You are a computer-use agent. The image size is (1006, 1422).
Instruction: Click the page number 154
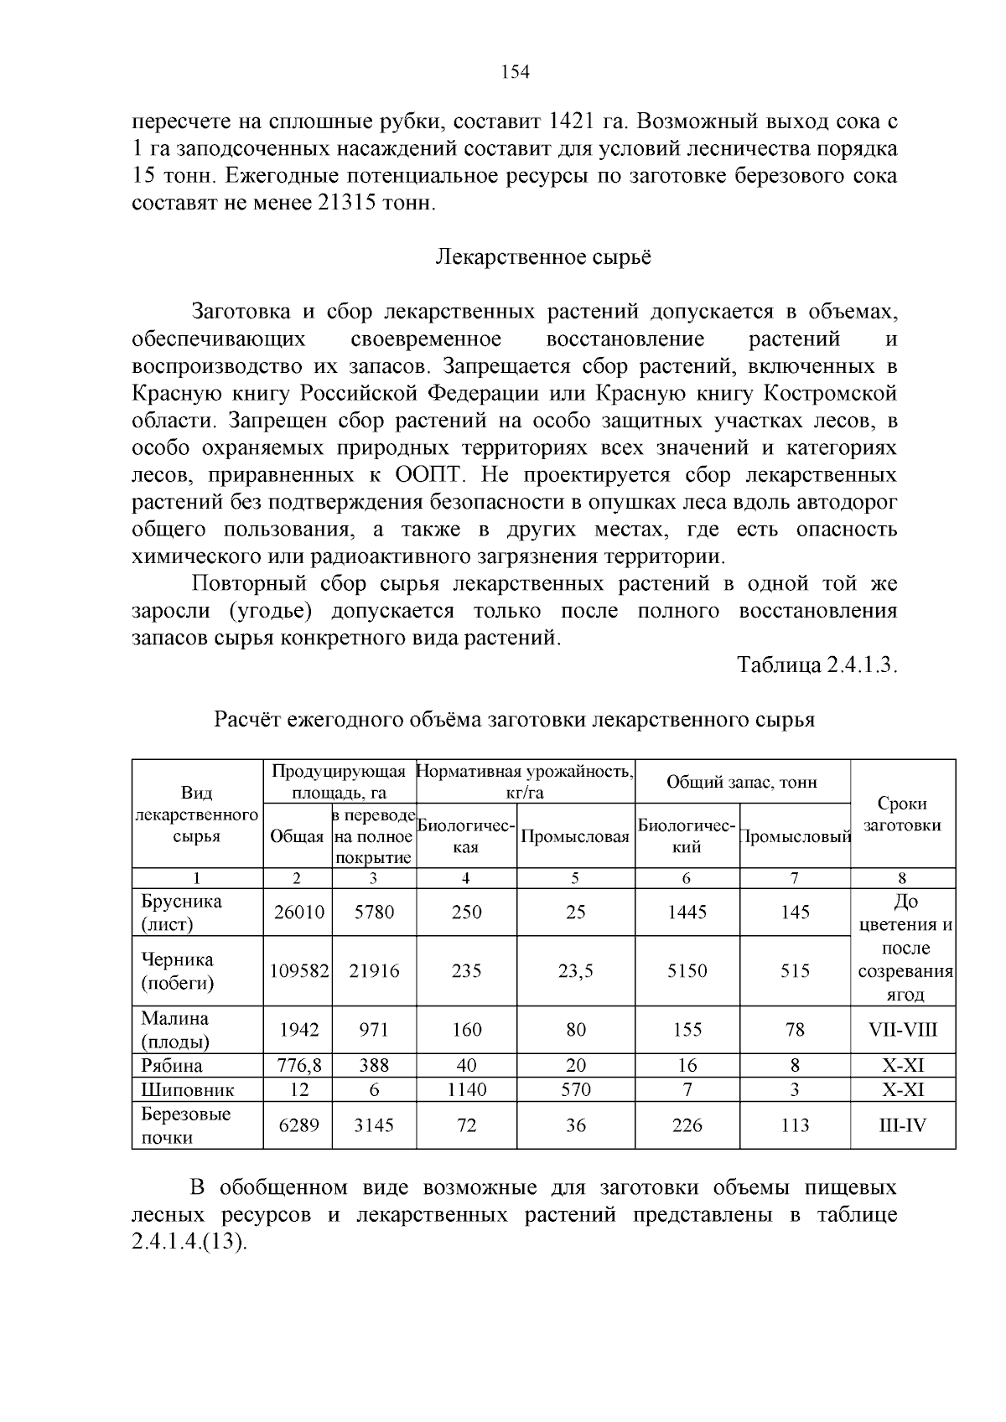515,73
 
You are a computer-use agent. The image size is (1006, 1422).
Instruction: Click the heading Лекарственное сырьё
543,257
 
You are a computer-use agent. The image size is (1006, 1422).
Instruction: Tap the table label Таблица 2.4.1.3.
817,665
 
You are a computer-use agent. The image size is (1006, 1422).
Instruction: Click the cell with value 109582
298,971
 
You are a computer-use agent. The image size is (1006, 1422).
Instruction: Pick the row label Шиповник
188,1090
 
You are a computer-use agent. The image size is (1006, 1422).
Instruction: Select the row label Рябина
172,1066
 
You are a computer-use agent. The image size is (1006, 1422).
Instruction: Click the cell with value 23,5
575,971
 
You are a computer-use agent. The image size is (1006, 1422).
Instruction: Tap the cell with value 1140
466,1090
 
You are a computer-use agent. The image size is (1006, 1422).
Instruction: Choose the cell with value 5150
687,971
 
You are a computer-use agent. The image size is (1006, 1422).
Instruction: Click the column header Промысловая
575,836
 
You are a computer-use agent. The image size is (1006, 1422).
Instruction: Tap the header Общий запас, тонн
742,782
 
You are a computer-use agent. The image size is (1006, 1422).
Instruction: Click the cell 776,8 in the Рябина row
298,1066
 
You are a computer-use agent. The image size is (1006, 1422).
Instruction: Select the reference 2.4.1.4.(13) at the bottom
190,1242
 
